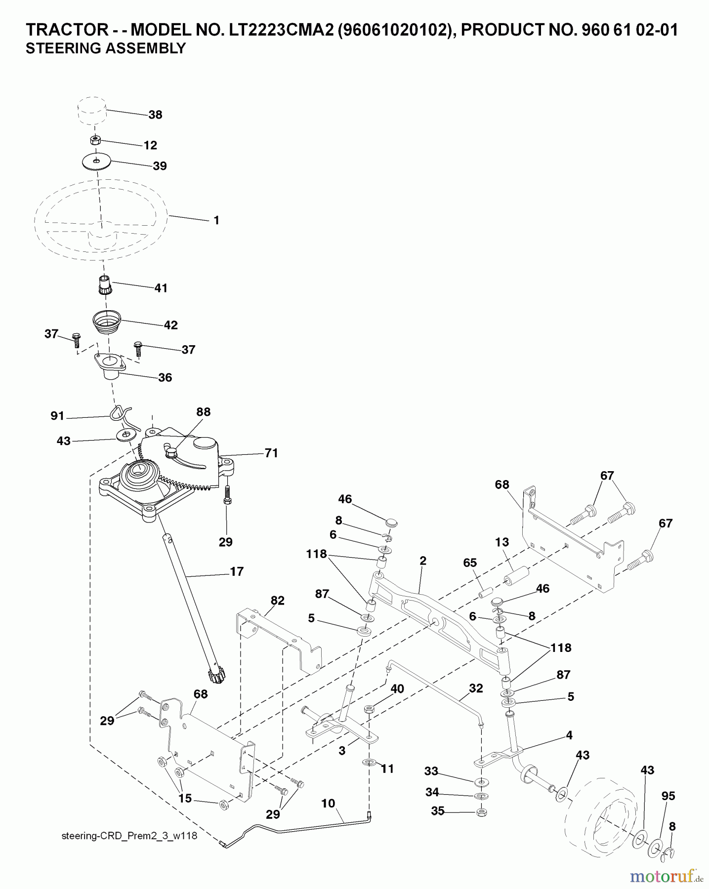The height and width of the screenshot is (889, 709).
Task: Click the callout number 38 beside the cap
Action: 155,115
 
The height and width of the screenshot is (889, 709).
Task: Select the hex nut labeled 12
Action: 96,140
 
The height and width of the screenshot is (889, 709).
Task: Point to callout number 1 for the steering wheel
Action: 216,220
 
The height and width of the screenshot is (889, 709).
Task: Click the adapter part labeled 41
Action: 104,285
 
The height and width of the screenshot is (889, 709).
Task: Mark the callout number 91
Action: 58,416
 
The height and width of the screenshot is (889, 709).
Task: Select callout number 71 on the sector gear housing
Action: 271,453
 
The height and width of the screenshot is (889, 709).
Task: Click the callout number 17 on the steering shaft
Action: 237,571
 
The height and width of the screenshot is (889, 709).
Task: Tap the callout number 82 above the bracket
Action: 278,601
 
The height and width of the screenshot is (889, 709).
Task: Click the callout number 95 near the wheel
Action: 668,796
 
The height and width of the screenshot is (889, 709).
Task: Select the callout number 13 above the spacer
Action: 502,542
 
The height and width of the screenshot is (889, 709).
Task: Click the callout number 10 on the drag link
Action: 328,804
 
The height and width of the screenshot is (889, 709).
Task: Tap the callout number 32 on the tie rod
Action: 475,688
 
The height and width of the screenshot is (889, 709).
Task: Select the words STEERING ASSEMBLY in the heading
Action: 106,48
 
